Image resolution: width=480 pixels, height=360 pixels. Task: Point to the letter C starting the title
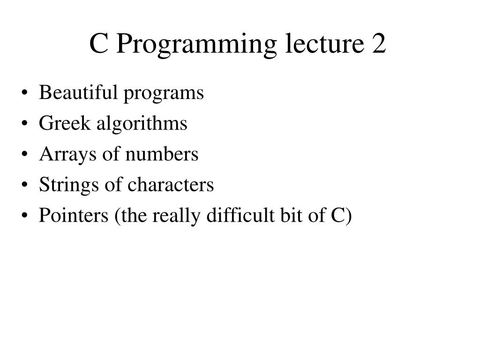[x=99, y=44]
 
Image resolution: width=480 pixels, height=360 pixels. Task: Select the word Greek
[x=65, y=123]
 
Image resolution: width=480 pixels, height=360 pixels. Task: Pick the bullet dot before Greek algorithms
[x=25, y=124]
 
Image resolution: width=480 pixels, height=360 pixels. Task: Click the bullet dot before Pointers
[x=25, y=217]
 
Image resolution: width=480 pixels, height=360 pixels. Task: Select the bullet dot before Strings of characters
[x=25, y=186]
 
